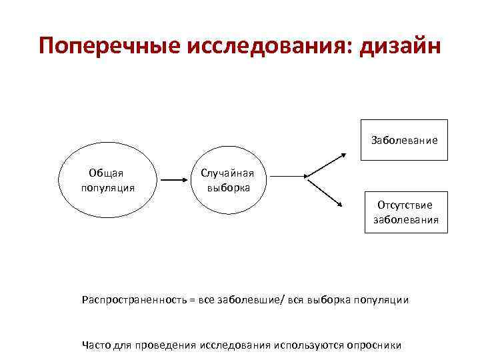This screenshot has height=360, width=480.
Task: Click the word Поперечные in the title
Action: [111, 47]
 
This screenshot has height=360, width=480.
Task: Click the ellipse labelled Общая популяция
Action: [107, 180]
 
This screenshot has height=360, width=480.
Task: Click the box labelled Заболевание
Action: [404, 140]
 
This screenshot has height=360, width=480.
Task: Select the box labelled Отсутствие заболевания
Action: [405, 212]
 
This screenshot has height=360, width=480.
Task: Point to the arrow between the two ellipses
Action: [175, 180]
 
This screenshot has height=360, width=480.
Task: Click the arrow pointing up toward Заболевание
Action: [326, 165]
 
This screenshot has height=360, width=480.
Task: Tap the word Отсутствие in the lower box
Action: [405, 205]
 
